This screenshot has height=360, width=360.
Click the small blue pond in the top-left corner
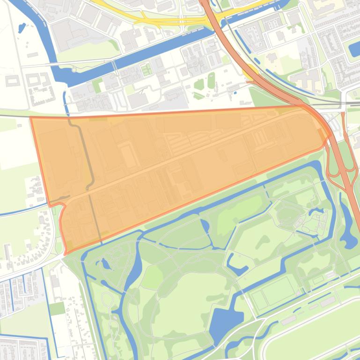click(22, 28)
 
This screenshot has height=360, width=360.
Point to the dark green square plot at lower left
click(57, 309)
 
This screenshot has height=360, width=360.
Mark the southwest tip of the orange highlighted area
click(66, 253)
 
